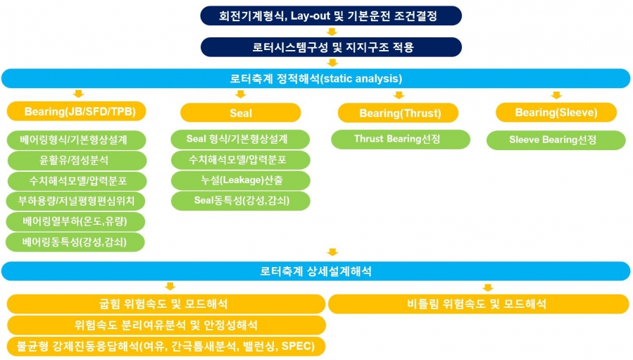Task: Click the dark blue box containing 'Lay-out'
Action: click(x=331, y=15)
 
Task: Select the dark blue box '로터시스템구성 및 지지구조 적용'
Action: click(x=331, y=47)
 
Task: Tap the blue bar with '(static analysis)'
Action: click(x=315, y=78)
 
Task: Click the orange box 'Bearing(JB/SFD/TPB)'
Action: click(x=76, y=111)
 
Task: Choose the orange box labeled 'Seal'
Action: click(x=241, y=113)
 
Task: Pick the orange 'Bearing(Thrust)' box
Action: click(x=398, y=113)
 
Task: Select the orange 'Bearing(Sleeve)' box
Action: click(x=556, y=112)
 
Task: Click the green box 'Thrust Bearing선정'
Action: click(x=401, y=139)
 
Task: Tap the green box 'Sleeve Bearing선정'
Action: click(x=556, y=139)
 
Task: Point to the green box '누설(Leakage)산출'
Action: click(x=241, y=180)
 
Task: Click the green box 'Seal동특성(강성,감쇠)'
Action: click(x=241, y=200)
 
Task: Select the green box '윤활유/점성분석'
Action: click(x=77, y=160)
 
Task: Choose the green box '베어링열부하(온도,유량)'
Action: click(x=75, y=221)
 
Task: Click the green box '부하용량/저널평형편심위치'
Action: click(x=75, y=201)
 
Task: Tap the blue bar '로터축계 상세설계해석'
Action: click(x=315, y=271)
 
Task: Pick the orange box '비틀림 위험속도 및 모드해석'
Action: click(x=479, y=304)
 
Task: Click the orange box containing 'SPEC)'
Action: click(x=166, y=347)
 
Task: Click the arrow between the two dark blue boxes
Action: click(x=332, y=32)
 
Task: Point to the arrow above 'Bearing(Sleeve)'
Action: click(x=556, y=95)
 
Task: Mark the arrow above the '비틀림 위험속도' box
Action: click(x=488, y=287)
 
